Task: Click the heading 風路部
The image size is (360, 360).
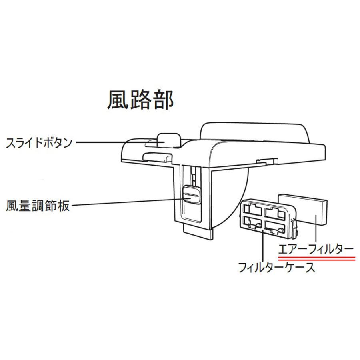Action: pos(140,100)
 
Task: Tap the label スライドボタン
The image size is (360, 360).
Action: pos(39,142)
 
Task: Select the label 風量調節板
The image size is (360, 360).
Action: pos(38,206)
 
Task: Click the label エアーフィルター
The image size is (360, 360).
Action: pos(316,249)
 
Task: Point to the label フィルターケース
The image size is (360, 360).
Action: pos(276,268)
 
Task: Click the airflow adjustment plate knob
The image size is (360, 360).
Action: pos(192,194)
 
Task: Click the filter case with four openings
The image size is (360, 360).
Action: pos(269,218)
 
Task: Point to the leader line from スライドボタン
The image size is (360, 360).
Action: pos(120,142)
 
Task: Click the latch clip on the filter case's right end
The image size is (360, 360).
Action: pos(294,228)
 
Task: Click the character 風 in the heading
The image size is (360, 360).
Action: pos(118,100)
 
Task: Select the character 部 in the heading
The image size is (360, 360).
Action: pos(163,100)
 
